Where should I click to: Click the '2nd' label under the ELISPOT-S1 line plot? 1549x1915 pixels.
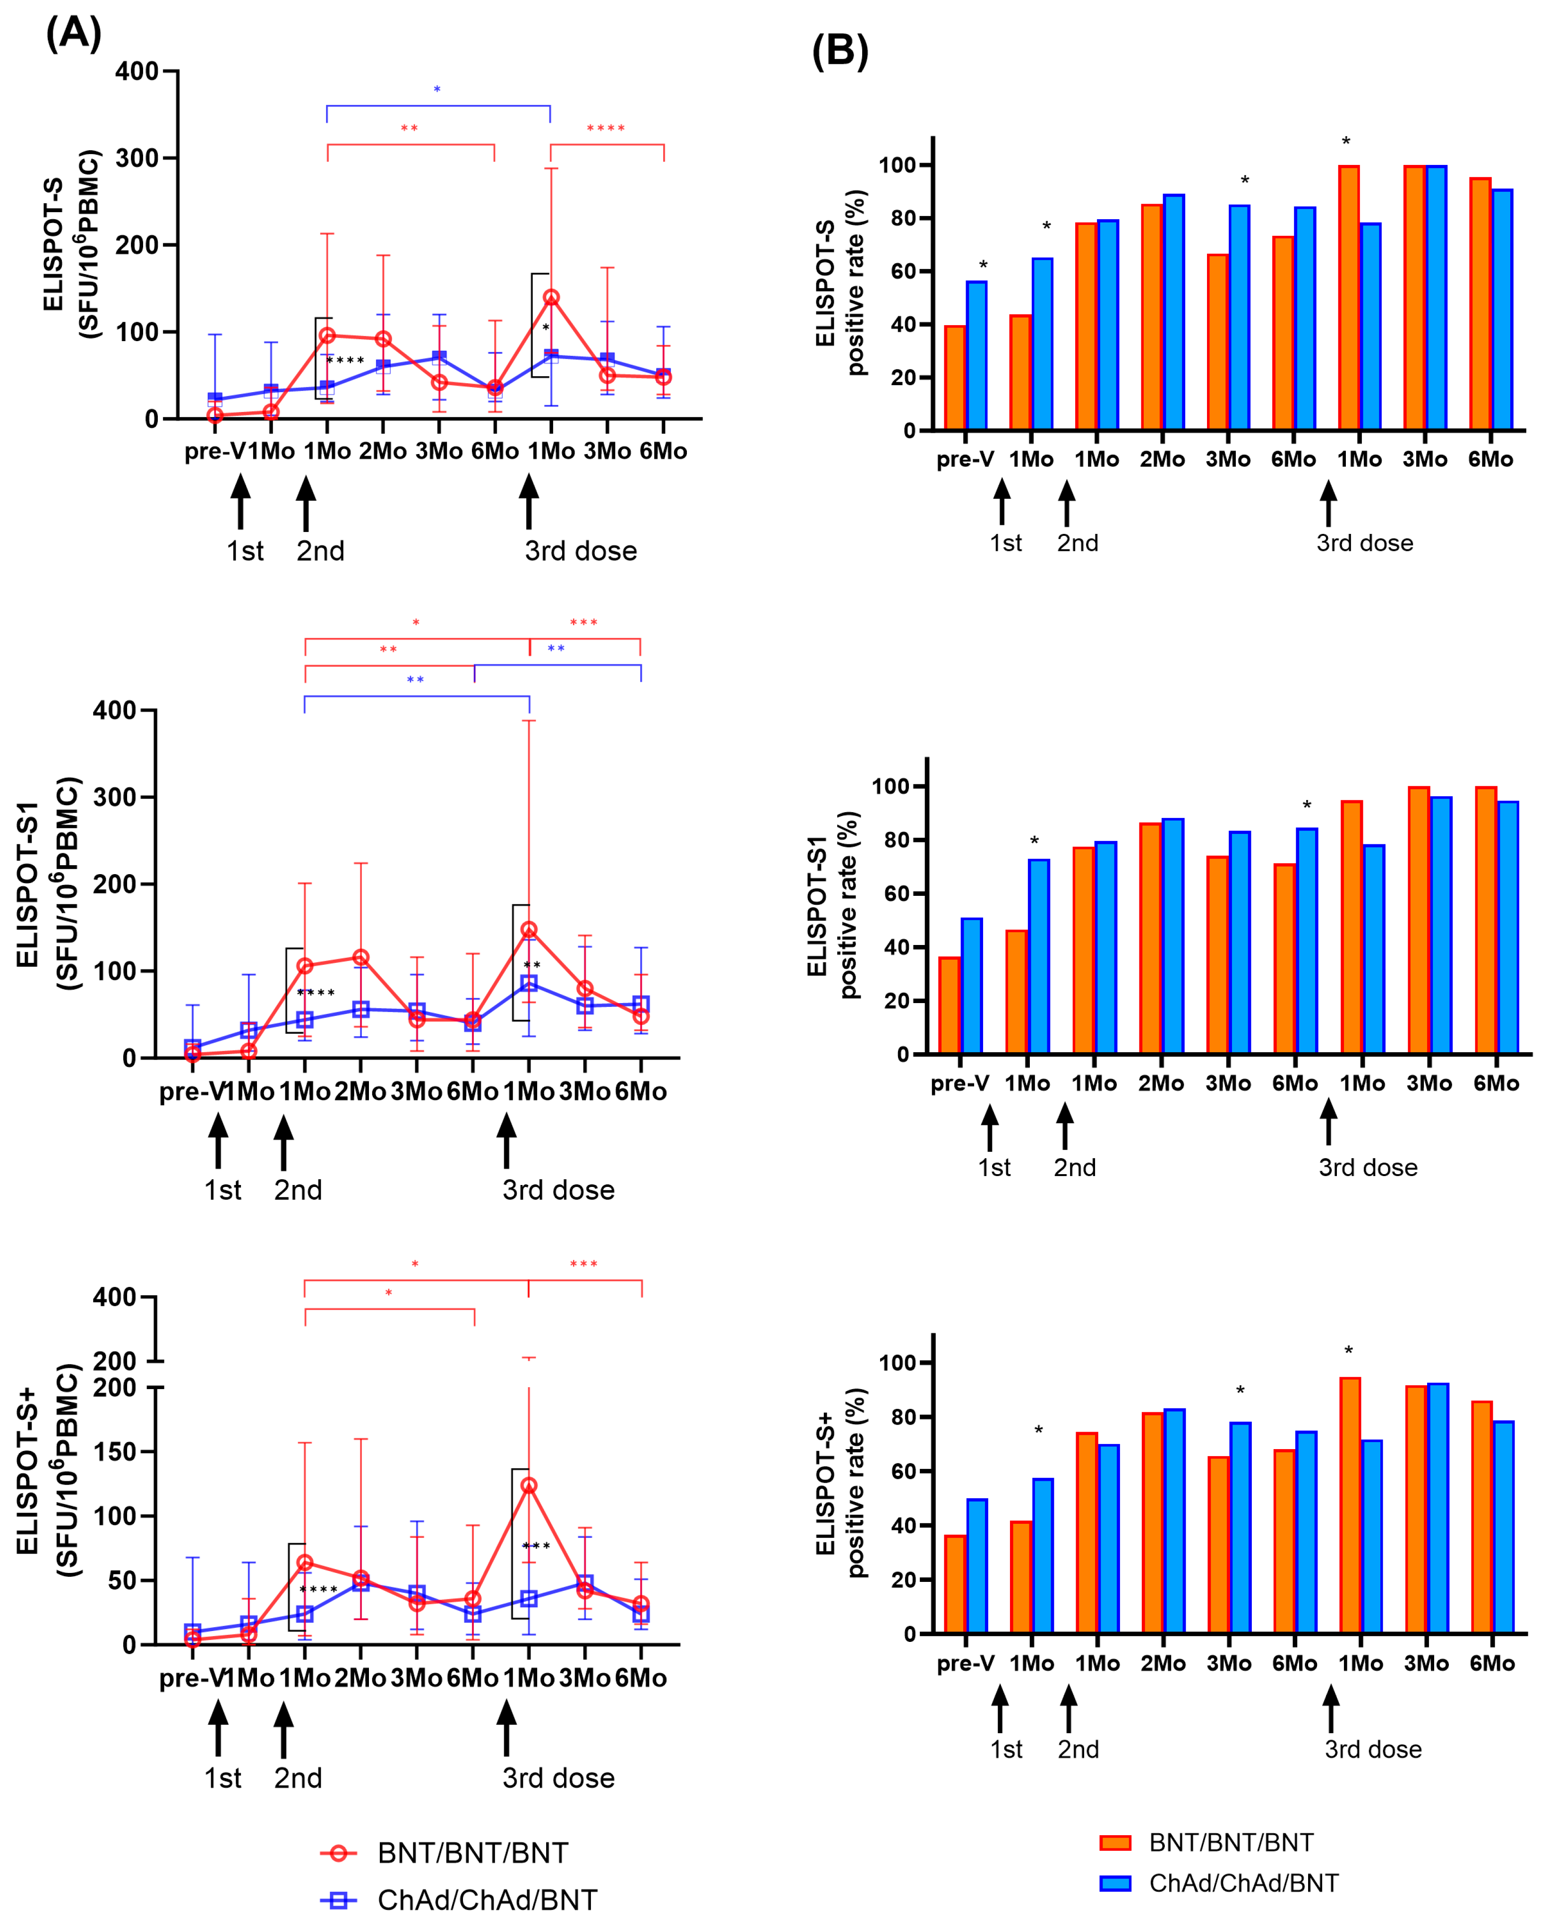[x=298, y=1190]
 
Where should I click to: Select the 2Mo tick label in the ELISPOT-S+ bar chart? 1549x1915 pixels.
[x=1163, y=1663]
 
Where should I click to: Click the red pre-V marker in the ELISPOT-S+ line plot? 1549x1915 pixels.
[x=193, y=1639]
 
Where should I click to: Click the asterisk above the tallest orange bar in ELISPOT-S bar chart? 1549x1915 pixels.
[x=1346, y=142]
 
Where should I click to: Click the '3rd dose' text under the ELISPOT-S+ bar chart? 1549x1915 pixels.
[x=1372, y=1749]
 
